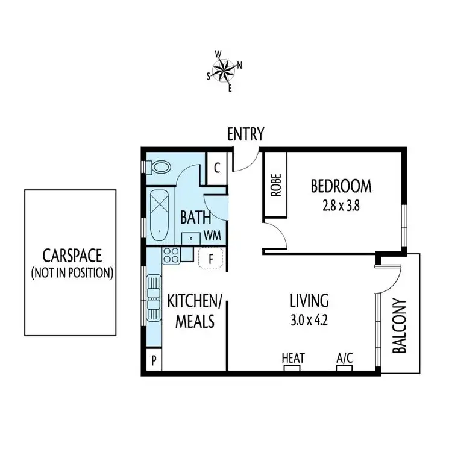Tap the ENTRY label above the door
pyautogui.click(x=245, y=134)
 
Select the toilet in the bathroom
pyautogui.click(x=162, y=166)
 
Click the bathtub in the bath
pyautogui.click(x=159, y=215)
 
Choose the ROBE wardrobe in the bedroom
pyautogui.click(x=275, y=186)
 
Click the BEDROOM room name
pyautogui.click(x=341, y=186)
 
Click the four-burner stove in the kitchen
pyautogui.click(x=170, y=256)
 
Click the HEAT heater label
pyautogui.click(x=293, y=358)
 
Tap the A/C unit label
pyautogui.click(x=344, y=358)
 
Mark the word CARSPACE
pyautogui.click(x=71, y=255)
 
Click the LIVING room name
pyautogui.click(x=309, y=300)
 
